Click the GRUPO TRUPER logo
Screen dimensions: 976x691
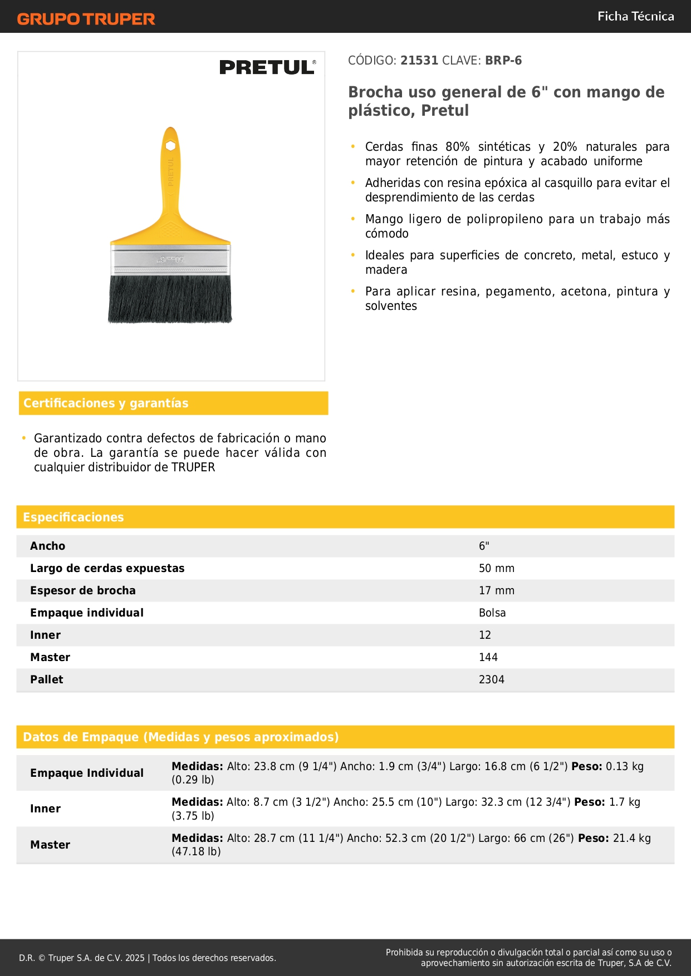(x=86, y=19)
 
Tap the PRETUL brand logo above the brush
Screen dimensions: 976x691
(x=267, y=67)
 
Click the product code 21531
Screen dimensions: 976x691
(x=419, y=61)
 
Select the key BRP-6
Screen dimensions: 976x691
(x=503, y=61)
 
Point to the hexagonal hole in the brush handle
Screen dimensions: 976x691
(x=170, y=146)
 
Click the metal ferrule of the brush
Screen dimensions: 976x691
(x=170, y=259)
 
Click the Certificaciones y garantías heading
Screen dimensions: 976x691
(x=106, y=403)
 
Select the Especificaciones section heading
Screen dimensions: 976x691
(x=73, y=517)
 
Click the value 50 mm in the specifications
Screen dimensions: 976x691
(x=496, y=569)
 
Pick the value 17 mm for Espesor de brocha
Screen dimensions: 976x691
(x=496, y=591)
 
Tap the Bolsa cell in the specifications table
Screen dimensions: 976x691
(x=492, y=613)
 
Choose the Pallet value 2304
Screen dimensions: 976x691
(x=491, y=680)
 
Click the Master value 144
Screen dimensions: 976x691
(x=488, y=658)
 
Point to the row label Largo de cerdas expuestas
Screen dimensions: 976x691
(x=107, y=569)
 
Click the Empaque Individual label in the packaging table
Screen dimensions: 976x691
(x=87, y=773)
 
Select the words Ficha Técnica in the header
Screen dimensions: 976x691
(x=635, y=17)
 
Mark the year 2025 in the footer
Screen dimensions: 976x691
(x=135, y=958)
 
